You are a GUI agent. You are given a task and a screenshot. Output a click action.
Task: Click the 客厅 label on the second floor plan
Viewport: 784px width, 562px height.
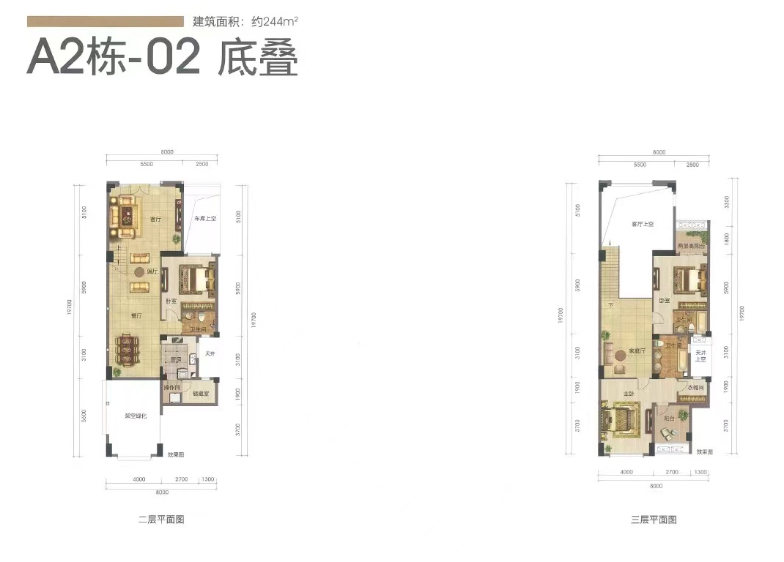[x=155, y=219]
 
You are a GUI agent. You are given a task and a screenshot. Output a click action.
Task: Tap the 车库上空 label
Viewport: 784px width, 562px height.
[x=204, y=219]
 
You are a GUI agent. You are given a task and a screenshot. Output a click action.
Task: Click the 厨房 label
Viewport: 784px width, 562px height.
[x=175, y=360]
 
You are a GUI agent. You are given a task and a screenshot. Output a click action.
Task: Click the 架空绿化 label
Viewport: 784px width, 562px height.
[x=136, y=416]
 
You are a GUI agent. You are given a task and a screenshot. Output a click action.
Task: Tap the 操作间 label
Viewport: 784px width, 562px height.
[x=172, y=386]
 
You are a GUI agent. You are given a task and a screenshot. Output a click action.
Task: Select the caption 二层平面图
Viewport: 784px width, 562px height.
[x=160, y=520]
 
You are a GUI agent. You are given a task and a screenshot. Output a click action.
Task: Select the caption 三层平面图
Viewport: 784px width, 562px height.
[x=653, y=520]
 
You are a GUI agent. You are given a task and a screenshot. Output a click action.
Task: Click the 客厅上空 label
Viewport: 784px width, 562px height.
[x=642, y=223]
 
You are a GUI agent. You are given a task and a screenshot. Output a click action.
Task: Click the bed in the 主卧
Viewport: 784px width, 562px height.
[x=621, y=422]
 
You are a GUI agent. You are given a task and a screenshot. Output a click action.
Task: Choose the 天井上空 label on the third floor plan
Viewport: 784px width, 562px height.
[x=700, y=357]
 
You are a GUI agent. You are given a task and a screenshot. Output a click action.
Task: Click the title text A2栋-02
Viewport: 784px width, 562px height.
[x=114, y=59]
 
